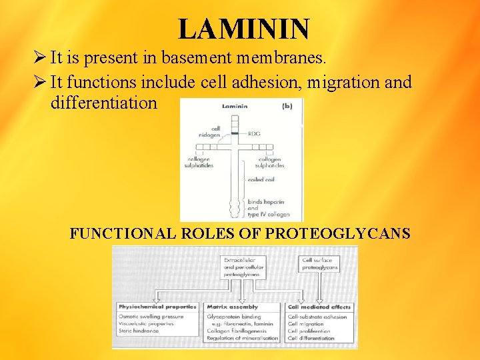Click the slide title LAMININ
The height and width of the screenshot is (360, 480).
243,29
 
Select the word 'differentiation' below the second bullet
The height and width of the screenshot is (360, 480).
104,103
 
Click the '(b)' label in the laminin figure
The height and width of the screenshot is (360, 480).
287,105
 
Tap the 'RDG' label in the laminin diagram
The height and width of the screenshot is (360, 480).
254,134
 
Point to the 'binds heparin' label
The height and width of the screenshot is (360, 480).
264,201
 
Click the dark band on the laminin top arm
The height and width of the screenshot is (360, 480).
234,134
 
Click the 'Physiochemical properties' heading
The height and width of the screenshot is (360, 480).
157,307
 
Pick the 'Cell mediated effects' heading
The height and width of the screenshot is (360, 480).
319,307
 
